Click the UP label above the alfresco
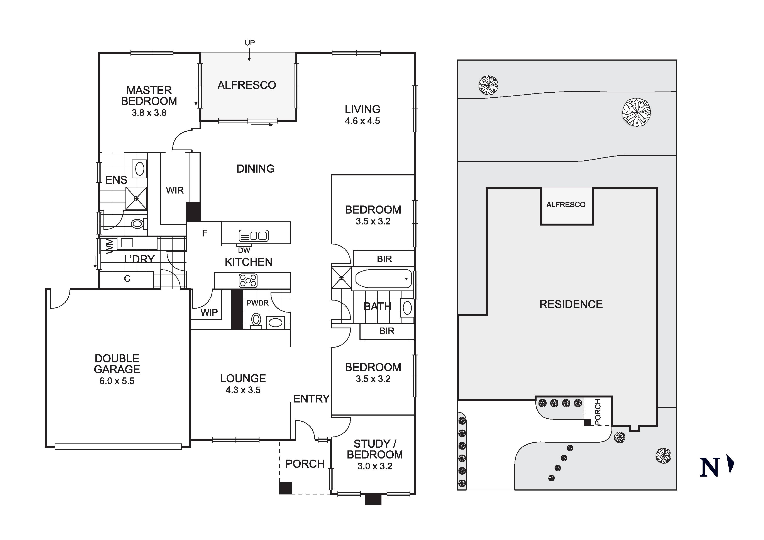(x=250, y=43)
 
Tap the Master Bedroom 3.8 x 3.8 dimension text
(x=149, y=113)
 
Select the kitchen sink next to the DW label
(x=254, y=236)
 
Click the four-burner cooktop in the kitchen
(x=248, y=280)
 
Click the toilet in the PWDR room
(x=256, y=320)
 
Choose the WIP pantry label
(x=209, y=312)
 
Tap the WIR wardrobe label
(x=175, y=190)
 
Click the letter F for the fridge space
(x=204, y=233)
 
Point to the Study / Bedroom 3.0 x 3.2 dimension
(x=375, y=466)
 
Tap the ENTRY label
(x=311, y=399)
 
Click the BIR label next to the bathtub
(x=384, y=259)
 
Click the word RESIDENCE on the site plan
(x=571, y=304)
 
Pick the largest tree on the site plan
(x=636, y=112)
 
